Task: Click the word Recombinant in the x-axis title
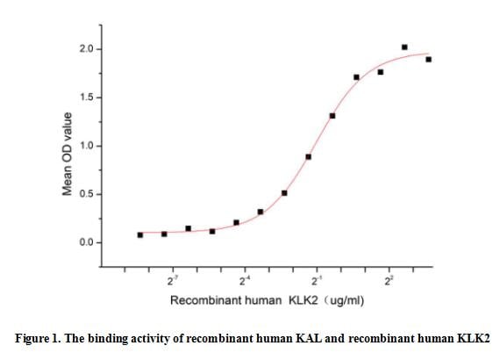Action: pos(201,301)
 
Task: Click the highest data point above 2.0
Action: pos(404,47)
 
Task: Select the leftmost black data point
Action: pos(140,235)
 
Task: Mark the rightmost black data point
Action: pos(428,60)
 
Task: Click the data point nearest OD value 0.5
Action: pos(284,193)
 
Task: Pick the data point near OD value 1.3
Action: pos(332,116)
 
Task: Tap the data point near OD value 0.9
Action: pos(309,157)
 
